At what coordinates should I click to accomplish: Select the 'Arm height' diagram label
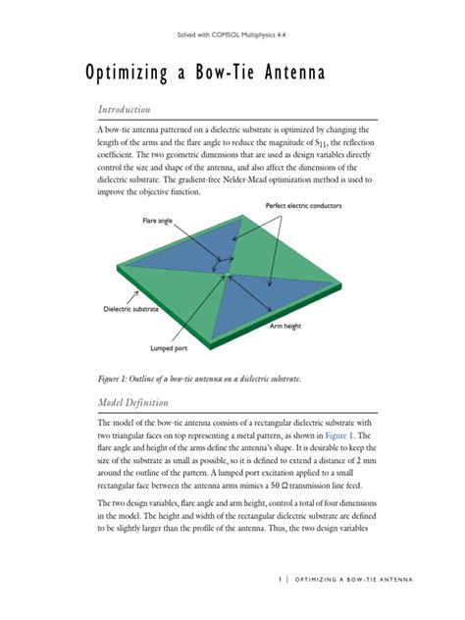[289, 326]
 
